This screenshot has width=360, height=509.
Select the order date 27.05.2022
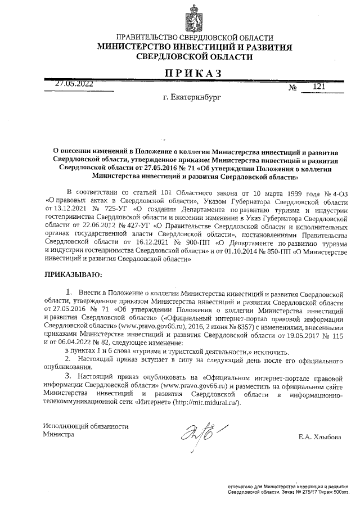(x=74, y=84)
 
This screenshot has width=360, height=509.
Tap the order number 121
(x=319, y=87)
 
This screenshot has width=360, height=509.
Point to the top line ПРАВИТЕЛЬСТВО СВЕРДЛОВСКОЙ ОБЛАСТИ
(x=194, y=37)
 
